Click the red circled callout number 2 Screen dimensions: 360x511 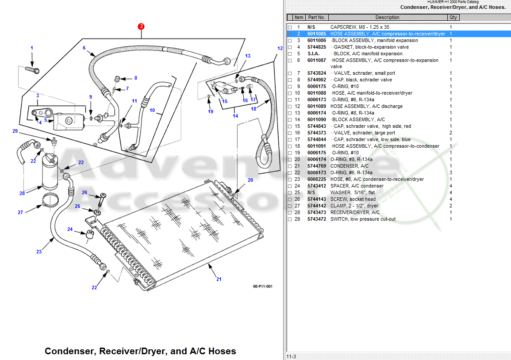pos(141,26)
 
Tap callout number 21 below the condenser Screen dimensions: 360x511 pos(219,279)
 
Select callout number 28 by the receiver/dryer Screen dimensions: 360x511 pos(22,193)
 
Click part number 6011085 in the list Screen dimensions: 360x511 pos(316,34)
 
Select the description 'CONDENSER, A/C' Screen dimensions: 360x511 pos(349,166)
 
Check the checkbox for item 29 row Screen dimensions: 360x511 pos(290,219)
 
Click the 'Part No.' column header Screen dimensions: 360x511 pos(316,18)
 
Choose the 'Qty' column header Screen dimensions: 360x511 pos(453,18)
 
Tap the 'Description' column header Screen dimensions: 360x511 pos(387,18)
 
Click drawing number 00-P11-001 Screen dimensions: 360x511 pos(262,286)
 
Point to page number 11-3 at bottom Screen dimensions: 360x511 pos(291,356)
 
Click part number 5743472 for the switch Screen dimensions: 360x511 pos(316,219)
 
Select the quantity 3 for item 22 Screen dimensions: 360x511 pos(451,172)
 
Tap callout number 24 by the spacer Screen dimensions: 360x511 pos(70,229)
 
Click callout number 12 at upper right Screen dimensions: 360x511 pos(280,48)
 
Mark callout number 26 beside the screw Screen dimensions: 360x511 pos(85,192)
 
